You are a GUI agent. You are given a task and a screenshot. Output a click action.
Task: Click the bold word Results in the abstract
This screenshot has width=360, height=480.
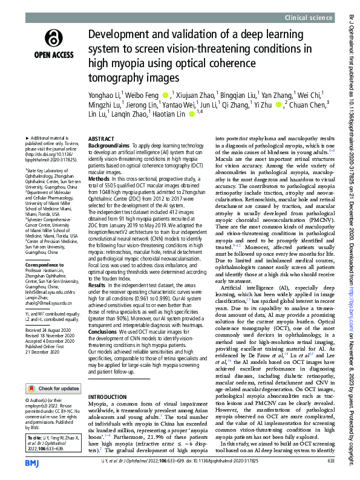pos(99,284)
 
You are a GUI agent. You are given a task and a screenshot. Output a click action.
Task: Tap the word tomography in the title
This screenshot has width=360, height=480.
pos(114,78)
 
